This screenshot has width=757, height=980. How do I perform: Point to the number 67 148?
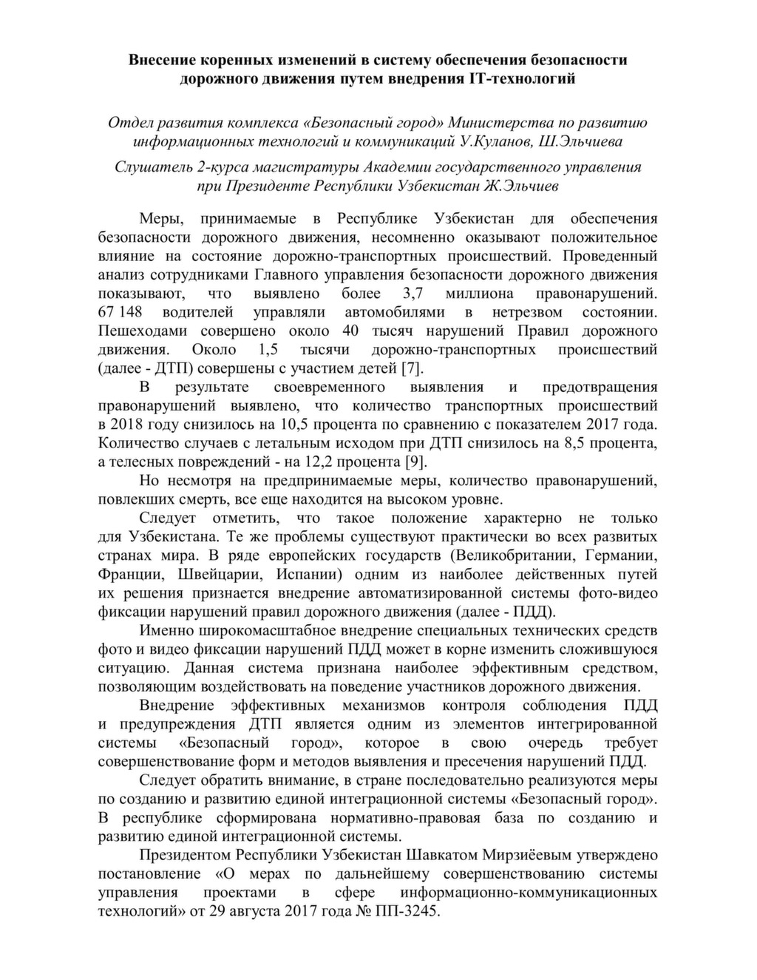[x=120, y=312]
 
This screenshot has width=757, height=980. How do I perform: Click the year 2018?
[x=129, y=425]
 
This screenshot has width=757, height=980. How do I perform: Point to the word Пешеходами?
[x=143, y=331]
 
